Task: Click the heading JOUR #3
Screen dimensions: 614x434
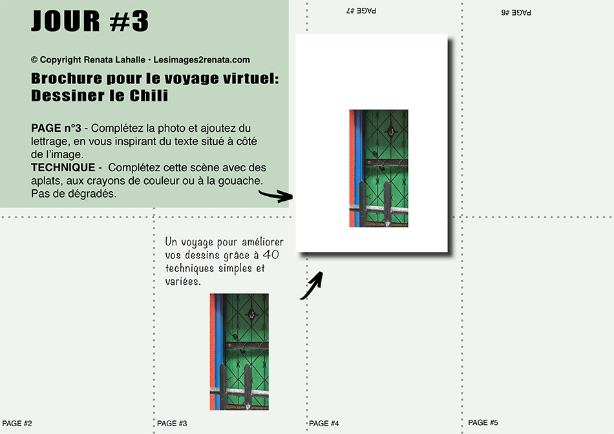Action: pyautogui.click(x=90, y=21)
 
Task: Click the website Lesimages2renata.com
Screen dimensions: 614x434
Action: pyautogui.click(x=201, y=60)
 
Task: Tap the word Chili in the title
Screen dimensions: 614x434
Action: pyautogui.click(x=149, y=96)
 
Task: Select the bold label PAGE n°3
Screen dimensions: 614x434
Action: pyautogui.click(x=56, y=128)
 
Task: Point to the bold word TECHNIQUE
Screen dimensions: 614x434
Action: pyautogui.click(x=63, y=167)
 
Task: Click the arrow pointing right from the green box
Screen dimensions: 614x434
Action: pyautogui.click(x=276, y=195)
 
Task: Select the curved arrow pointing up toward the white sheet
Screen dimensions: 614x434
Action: pyautogui.click(x=312, y=285)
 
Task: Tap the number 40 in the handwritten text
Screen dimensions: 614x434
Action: pyautogui.click(x=271, y=254)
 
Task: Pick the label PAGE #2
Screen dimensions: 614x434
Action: pyautogui.click(x=17, y=424)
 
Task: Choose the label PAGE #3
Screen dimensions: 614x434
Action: pyautogui.click(x=172, y=424)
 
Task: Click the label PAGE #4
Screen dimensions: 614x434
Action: pyautogui.click(x=324, y=424)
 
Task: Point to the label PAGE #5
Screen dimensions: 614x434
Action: pyautogui.click(x=483, y=422)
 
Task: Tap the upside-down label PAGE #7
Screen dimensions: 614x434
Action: pyautogui.click(x=361, y=10)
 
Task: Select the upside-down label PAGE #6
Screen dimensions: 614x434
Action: pyautogui.click(x=516, y=12)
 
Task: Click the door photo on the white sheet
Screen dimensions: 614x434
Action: pyautogui.click(x=379, y=169)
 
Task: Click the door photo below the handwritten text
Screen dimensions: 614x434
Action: pyautogui.click(x=239, y=352)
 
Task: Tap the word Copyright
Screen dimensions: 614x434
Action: pyautogui.click(x=60, y=60)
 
